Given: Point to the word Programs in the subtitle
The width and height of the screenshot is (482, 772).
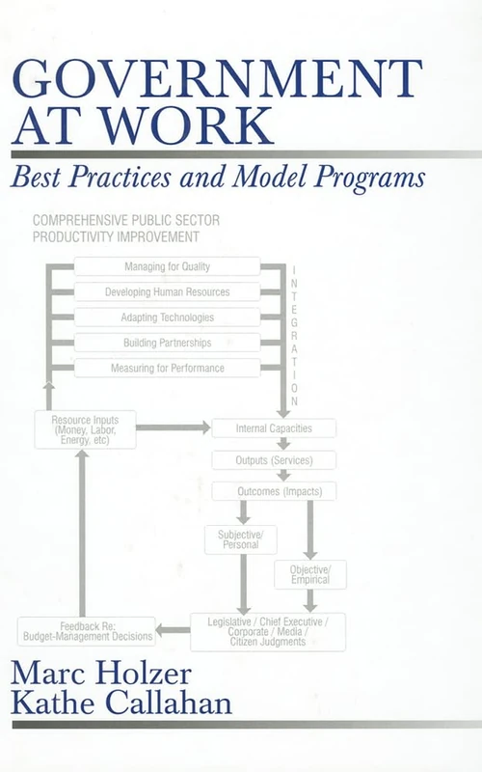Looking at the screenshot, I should point(373,178).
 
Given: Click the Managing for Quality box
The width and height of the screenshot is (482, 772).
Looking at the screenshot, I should point(167,266).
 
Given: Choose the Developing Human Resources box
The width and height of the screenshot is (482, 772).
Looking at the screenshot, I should point(167,291).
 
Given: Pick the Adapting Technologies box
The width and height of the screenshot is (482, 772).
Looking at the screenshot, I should point(167,317).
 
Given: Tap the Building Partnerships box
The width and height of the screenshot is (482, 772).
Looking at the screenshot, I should point(167,342).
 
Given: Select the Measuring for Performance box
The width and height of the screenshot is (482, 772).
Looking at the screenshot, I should point(167,368).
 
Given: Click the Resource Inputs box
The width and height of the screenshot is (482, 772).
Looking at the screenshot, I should point(85,428).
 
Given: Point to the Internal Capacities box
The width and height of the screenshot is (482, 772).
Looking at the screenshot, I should point(274,427).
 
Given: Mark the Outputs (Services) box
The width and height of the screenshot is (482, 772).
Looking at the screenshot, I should point(274,459).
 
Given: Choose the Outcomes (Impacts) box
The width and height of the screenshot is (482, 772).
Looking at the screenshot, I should point(274,491).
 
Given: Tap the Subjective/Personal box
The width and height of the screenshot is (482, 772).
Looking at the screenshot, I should point(240,538).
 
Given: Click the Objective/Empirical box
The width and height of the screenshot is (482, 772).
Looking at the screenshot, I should point(310,574).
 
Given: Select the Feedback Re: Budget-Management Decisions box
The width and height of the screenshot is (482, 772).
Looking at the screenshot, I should point(87,630).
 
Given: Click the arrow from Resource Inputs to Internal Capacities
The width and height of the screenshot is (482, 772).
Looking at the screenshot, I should point(174,427).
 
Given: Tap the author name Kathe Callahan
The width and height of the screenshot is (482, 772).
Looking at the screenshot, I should point(122,703).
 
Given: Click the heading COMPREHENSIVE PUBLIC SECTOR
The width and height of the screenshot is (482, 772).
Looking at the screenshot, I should point(126,220).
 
